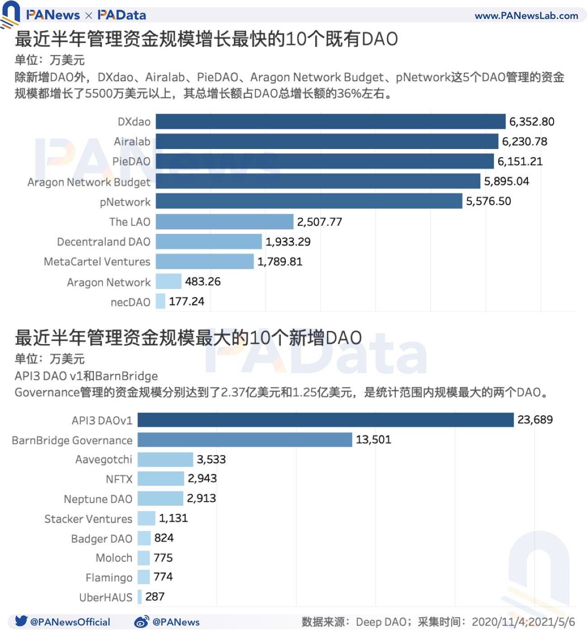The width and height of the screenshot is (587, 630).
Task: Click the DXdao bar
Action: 331,121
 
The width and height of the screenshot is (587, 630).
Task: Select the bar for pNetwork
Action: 309,201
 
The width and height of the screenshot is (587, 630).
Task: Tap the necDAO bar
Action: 160,301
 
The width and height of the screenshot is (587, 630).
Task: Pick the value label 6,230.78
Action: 524,142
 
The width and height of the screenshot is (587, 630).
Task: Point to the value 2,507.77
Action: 319,222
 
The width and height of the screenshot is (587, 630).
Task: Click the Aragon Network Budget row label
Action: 89,182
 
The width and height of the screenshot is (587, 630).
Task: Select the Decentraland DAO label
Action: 103,242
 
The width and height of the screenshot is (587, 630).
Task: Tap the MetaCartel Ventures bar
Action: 205,261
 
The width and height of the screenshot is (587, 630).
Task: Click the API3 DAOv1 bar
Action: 325,420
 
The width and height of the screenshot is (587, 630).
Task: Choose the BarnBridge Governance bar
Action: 244,440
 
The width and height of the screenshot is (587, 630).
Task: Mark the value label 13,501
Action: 373,440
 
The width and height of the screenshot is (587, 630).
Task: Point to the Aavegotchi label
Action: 103,460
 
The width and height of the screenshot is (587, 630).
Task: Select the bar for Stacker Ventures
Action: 146,518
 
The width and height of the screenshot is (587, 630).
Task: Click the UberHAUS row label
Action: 106,597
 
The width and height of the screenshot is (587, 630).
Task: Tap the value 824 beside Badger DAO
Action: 163,538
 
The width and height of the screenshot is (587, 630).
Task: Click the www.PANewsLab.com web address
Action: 526,16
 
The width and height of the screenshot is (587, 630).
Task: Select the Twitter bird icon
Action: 21,621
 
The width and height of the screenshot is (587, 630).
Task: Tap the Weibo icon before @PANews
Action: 141,622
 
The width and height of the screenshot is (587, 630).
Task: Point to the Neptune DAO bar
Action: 160,499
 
